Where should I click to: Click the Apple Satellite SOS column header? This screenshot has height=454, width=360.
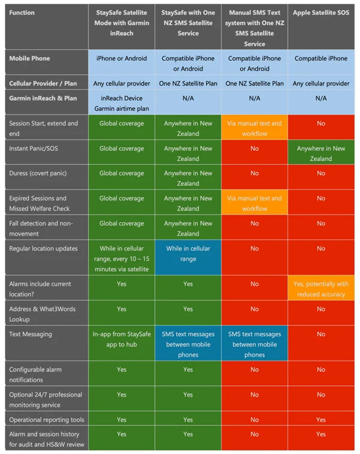coord(321,13)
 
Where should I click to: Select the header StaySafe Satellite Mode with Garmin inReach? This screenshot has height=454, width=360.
coord(121,23)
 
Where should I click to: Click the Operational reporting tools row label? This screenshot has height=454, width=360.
coord(45,420)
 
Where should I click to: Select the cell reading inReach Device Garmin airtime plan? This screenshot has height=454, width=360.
coord(121,103)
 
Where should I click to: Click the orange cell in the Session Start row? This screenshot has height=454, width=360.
coord(255,129)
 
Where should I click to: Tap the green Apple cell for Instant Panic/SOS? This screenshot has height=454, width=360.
coord(321,154)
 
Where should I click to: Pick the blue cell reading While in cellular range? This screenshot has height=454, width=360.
coord(188,254)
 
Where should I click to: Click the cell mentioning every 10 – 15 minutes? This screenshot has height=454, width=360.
coord(121,258)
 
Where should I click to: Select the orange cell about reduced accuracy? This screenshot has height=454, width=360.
coord(321,290)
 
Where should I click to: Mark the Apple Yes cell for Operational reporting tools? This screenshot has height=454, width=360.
coord(321,420)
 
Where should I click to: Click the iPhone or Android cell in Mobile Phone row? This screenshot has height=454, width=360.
coord(121,59)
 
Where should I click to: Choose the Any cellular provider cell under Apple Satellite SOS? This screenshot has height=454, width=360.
coord(321,84)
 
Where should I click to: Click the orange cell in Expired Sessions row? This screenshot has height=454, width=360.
coord(255,203)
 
